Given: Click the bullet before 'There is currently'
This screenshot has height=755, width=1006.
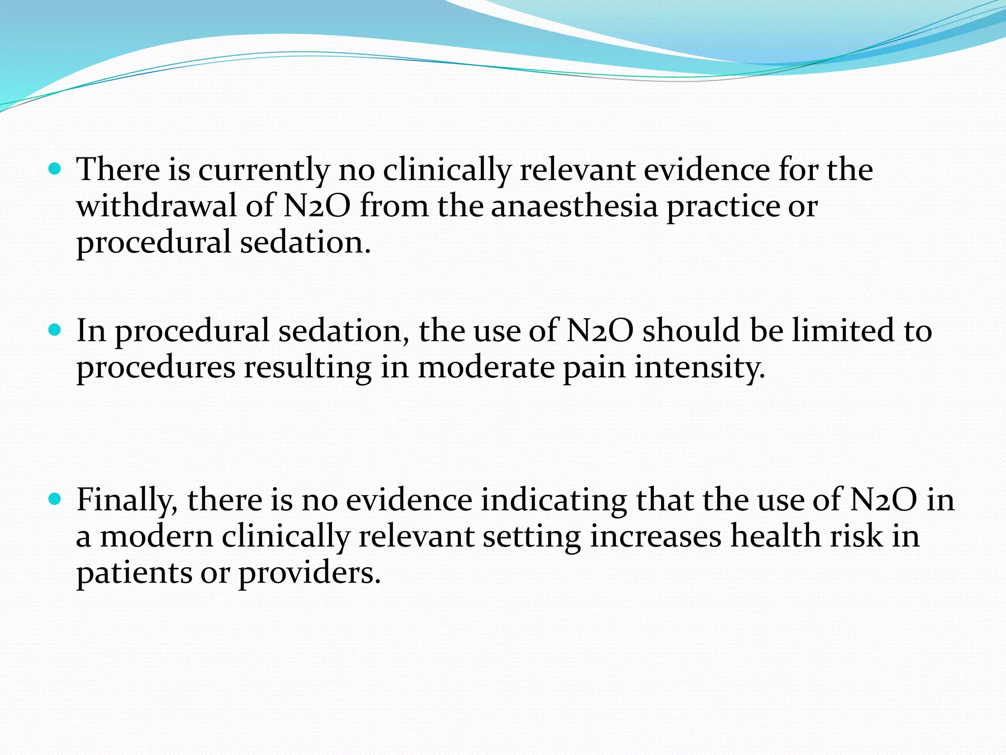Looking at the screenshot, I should click(x=55, y=170).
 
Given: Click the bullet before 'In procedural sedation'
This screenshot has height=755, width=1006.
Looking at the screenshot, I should click(x=55, y=330).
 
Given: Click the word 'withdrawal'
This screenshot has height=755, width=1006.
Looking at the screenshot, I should click(x=157, y=205).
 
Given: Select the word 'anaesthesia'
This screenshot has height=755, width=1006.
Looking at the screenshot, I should click(x=574, y=205).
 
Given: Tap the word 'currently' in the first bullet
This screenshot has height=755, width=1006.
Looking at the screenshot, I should click(x=263, y=170).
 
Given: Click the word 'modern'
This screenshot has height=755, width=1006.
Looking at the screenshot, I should click(x=157, y=536).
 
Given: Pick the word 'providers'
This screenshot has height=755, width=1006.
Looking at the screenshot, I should click(x=309, y=573).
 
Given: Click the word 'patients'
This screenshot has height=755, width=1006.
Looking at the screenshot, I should click(x=134, y=573).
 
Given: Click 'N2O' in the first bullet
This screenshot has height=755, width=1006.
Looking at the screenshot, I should click(x=317, y=205).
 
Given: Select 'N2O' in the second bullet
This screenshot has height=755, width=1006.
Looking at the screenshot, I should click(x=600, y=330).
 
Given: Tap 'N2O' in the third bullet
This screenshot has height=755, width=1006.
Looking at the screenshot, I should click(x=883, y=499).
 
